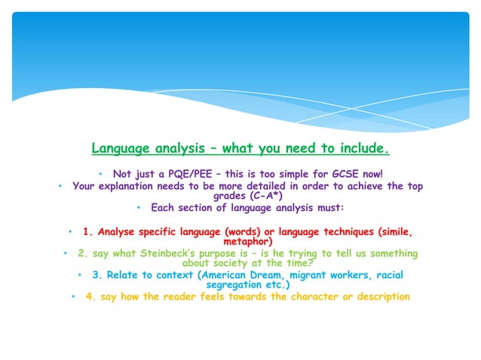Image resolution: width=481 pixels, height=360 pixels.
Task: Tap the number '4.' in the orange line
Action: [90, 297]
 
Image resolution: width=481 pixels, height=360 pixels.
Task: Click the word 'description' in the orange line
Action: [379, 297]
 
